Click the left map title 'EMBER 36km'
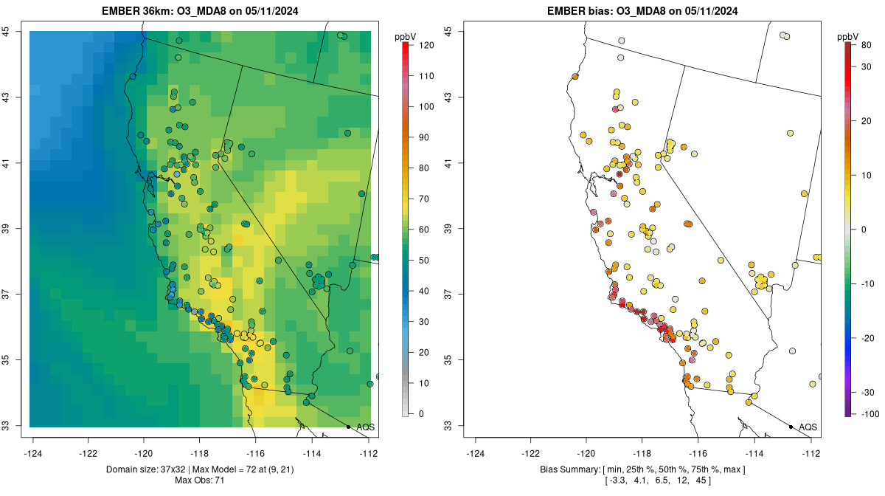137,11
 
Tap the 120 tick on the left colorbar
426,45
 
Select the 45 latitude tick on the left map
7,31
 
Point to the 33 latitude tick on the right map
449,425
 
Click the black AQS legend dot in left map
348,427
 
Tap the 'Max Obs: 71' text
200,480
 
